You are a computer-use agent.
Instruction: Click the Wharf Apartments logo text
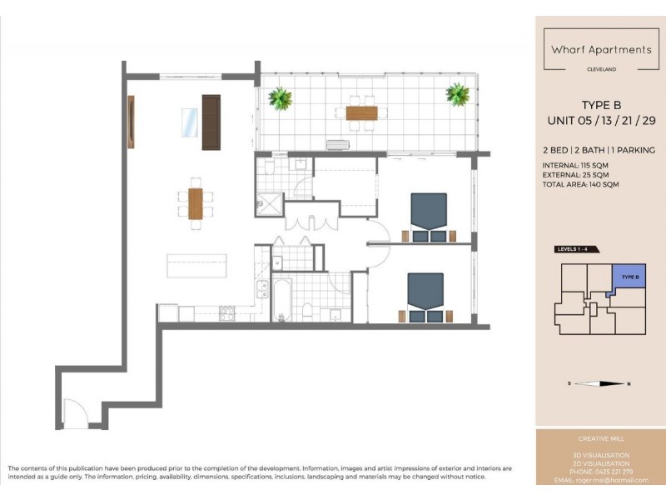click(x=601, y=49)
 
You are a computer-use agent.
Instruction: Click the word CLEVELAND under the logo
click(x=601, y=69)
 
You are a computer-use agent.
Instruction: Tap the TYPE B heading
click(x=601, y=105)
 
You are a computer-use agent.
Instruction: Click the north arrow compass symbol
click(x=600, y=383)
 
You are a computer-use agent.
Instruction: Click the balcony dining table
click(x=360, y=112)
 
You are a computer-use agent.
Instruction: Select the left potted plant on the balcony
click(x=281, y=99)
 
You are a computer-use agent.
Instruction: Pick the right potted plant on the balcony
click(x=457, y=94)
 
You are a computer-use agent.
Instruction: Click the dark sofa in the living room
click(x=211, y=122)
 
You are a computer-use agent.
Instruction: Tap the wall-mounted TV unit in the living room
click(x=131, y=122)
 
